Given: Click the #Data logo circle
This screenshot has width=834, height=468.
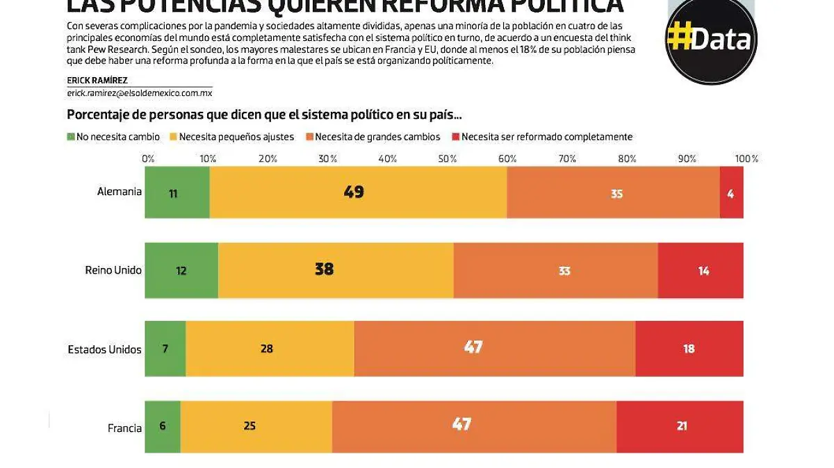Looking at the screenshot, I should click(x=711, y=39).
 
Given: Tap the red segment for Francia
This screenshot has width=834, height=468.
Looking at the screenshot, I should click(x=680, y=426).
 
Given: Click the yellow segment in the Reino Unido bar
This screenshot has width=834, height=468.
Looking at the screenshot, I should click(x=336, y=270).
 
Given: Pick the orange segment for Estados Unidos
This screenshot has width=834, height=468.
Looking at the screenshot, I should click(x=494, y=348).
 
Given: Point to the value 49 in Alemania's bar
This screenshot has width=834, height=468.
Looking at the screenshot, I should click(x=354, y=192).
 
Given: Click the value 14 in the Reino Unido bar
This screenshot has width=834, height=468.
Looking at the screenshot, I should click(x=703, y=271).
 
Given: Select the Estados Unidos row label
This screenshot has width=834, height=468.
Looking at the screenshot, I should click(x=104, y=349).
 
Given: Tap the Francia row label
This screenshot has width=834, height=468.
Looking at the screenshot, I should click(x=124, y=428).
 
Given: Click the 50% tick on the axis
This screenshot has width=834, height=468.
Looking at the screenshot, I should click(x=448, y=159).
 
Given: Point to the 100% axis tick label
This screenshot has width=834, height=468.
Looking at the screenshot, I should click(x=746, y=159).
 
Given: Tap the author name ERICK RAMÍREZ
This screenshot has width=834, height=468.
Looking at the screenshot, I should click(x=97, y=81).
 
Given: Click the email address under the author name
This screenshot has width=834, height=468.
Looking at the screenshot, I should click(x=139, y=92).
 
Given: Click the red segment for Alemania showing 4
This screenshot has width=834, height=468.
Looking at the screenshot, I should click(x=731, y=193).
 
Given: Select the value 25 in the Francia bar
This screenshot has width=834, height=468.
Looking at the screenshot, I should click(x=250, y=426).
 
